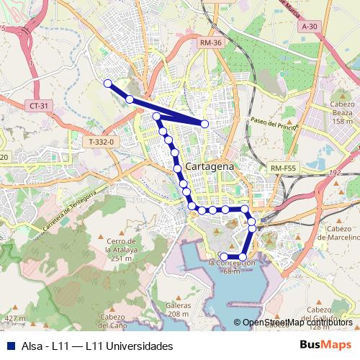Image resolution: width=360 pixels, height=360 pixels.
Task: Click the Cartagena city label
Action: click(x=210, y=166)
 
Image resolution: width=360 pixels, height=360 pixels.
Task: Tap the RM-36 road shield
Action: click(x=210, y=44)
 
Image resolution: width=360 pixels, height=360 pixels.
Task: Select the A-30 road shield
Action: click(x=310, y=27)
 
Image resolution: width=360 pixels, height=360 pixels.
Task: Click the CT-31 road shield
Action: click(x=40, y=106)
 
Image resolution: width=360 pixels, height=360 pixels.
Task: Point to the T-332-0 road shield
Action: click(x=102, y=143)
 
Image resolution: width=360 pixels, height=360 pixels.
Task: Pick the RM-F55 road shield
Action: click(x=284, y=168)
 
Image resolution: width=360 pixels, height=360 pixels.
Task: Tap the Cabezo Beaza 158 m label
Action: click(x=343, y=112)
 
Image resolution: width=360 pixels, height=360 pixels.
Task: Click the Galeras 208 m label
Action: click(x=179, y=310)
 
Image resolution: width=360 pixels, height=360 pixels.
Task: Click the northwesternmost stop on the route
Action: click(x=107, y=84)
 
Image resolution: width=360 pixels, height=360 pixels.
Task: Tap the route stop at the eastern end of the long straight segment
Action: click(x=205, y=124)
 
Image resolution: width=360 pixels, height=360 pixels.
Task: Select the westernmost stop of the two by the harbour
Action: click(x=224, y=257)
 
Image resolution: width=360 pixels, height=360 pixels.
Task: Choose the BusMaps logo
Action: click(x=325, y=346)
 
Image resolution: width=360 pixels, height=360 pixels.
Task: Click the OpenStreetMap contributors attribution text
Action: click(x=297, y=323)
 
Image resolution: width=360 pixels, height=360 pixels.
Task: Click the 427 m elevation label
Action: click(x=14, y=318)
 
